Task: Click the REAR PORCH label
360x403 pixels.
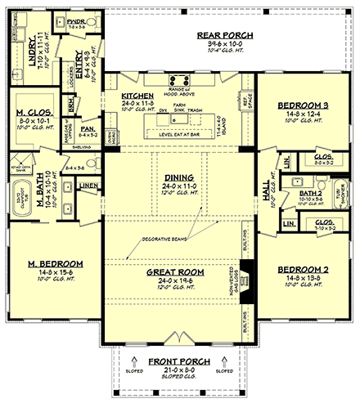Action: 225,36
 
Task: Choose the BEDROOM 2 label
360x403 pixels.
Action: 304,269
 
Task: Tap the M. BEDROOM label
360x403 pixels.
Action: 47,264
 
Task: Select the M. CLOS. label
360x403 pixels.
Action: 34,113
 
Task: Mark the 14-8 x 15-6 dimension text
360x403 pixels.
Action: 47,274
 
